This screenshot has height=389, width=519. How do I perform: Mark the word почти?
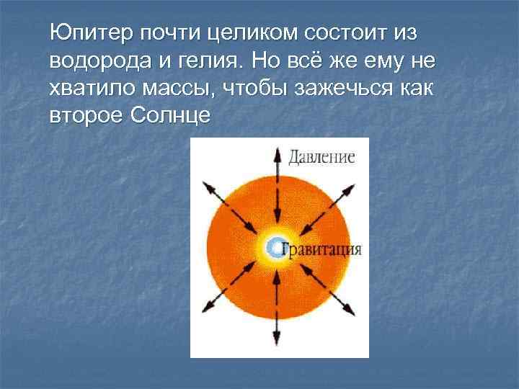[172, 34]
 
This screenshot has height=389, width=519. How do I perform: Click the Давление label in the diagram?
[322, 157]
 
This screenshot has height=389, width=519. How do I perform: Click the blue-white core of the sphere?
[275, 248]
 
